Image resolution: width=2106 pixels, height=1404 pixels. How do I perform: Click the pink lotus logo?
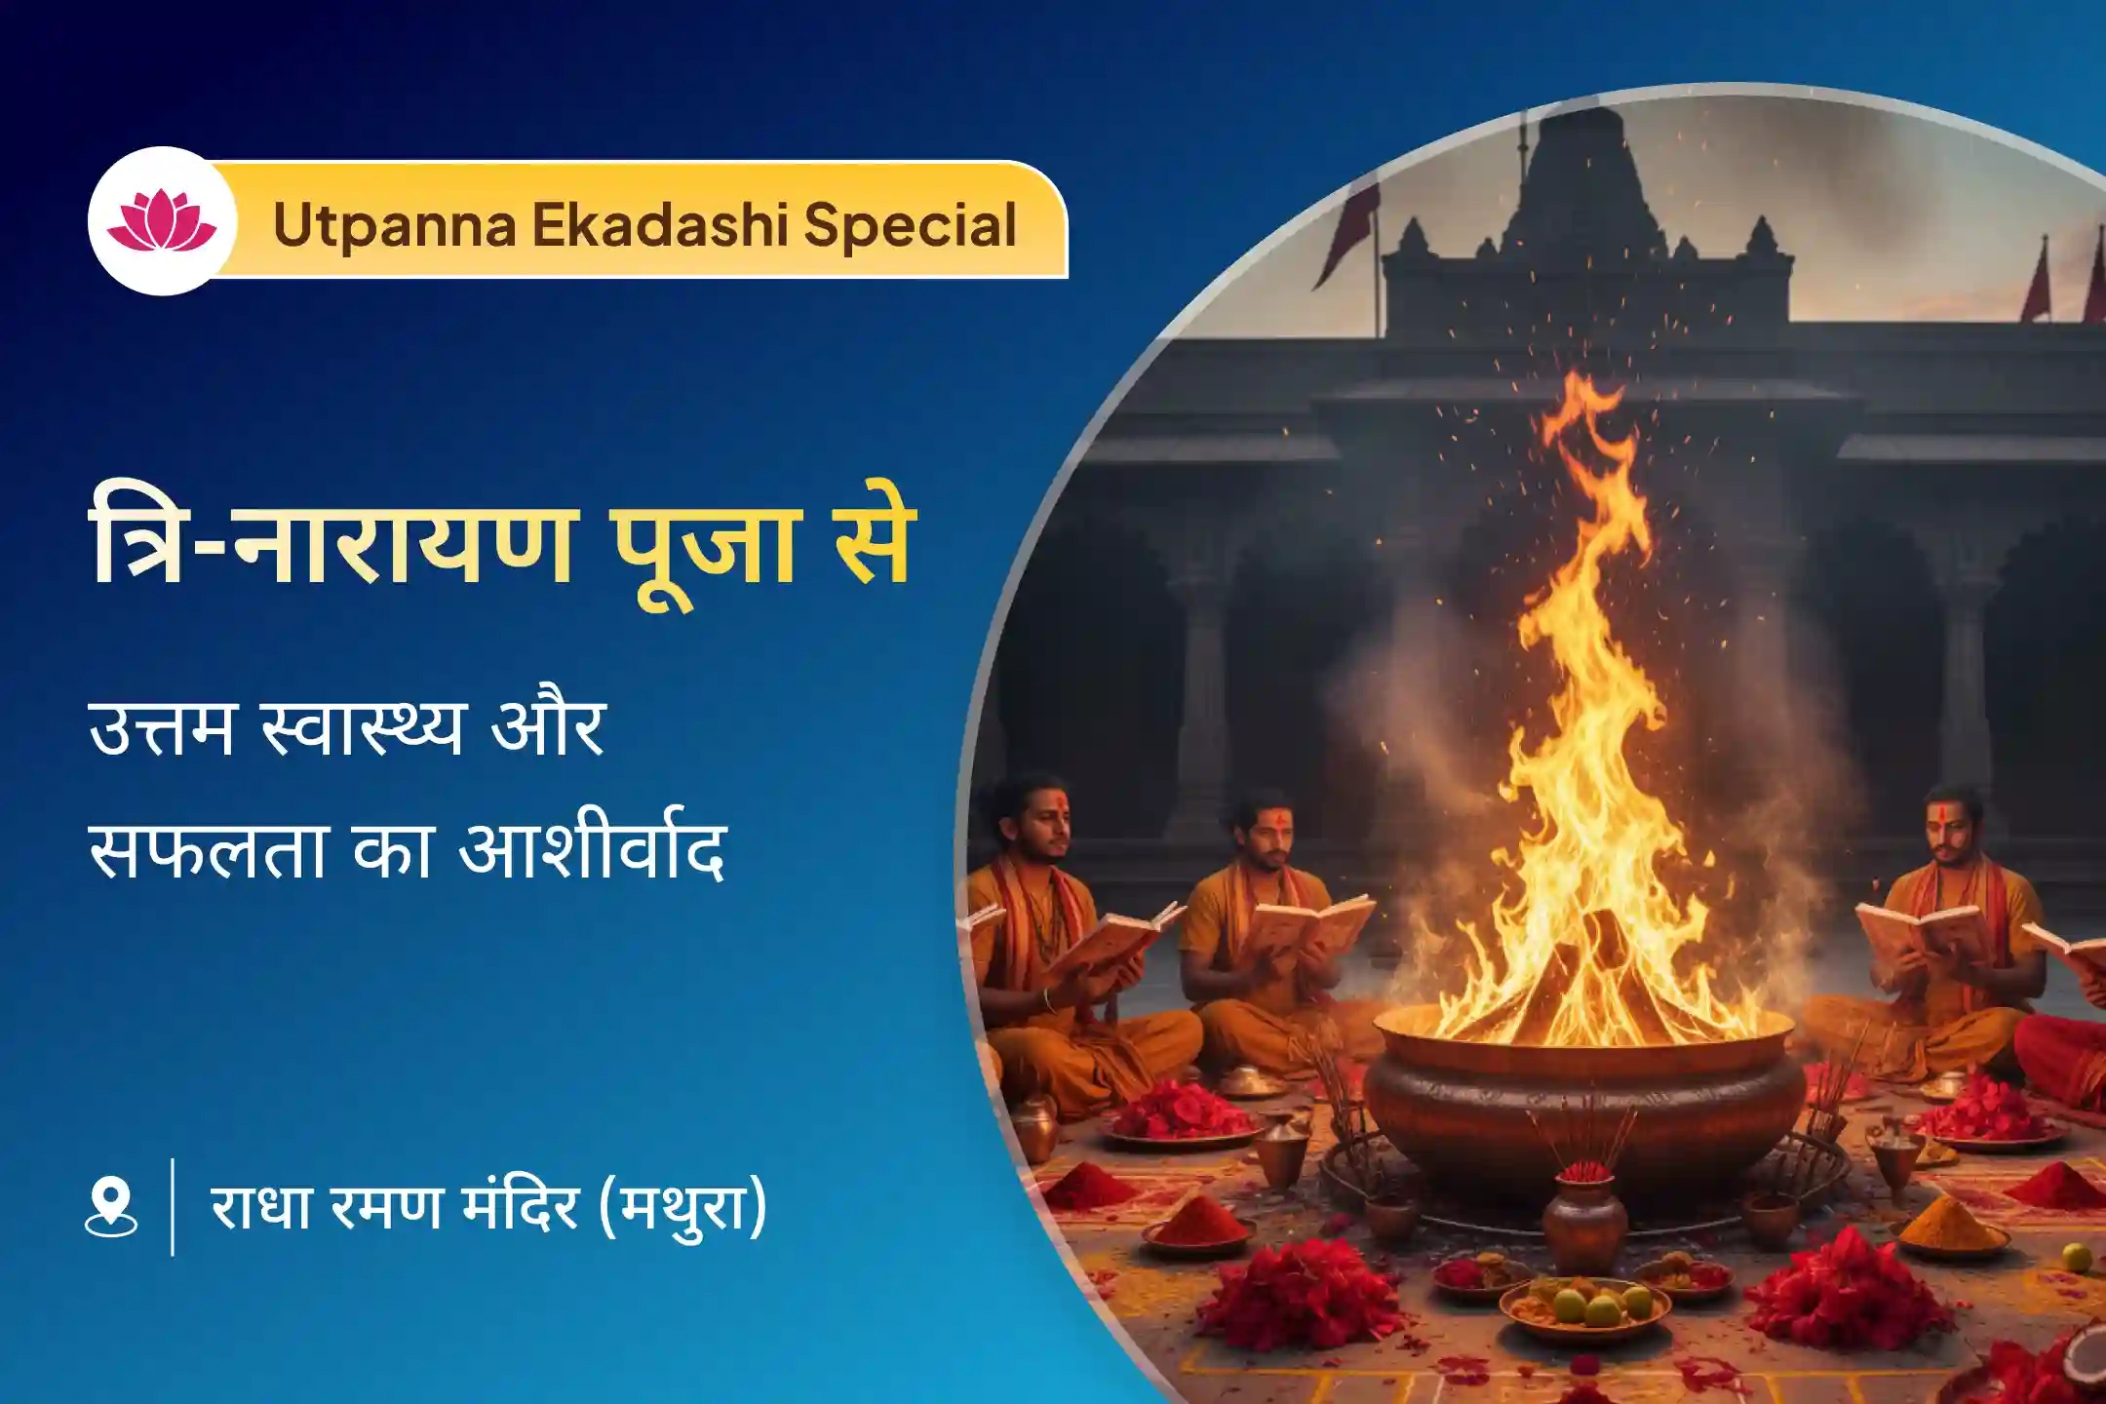[162, 221]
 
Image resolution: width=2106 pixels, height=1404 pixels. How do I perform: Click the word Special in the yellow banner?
[910, 226]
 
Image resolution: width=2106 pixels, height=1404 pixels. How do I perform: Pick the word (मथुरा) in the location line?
[682, 1207]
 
